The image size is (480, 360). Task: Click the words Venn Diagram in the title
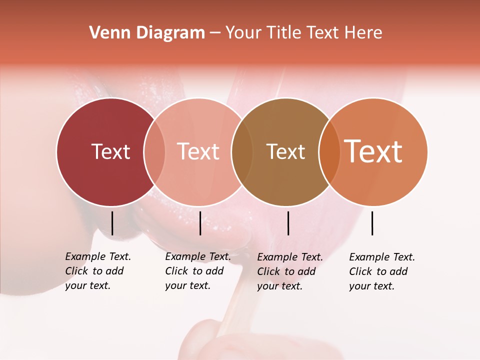[x=147, y=33]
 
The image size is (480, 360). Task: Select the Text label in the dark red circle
[x=110, y=151]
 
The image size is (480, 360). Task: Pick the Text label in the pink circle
[x=198, y=151]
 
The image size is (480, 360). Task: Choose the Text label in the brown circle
[x=285, y=152]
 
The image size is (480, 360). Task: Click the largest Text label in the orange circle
[x=373, y=151]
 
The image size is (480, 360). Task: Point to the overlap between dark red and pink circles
[x=154, y=152]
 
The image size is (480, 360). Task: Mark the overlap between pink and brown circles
[x=242, y=152]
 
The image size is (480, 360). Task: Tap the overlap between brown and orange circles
[x=329, y=152]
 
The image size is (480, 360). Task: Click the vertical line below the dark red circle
[x=112, y=223]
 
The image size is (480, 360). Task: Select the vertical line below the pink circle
[x=200, y=223]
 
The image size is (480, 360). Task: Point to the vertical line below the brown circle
[x=288, y=223]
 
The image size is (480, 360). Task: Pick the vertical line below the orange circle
[x=372, y=223]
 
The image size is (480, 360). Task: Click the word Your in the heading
[x=243, y=33]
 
